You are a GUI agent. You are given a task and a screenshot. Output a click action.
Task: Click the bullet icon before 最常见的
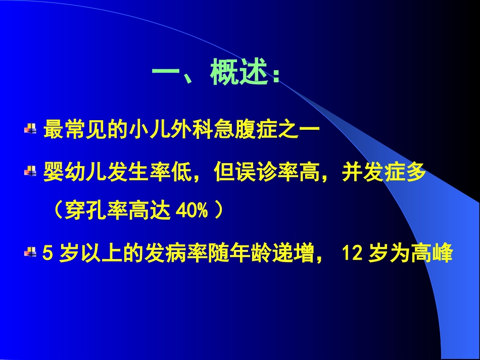click(31, 130)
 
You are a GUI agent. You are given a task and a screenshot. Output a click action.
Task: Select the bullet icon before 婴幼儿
click(31, 173)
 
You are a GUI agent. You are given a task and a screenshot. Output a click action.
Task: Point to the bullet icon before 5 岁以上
click(31, 252)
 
